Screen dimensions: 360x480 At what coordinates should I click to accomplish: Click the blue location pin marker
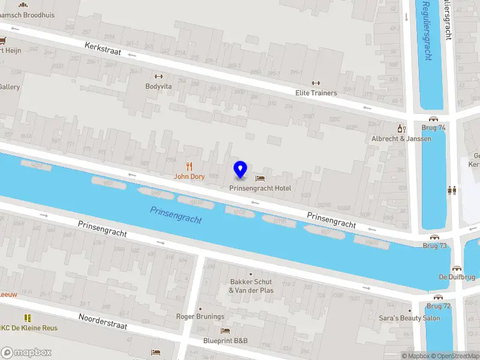coord(241,170)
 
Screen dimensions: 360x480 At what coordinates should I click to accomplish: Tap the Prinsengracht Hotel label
coord(260,188)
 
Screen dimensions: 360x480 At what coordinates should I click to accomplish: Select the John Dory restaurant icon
coord(190,166)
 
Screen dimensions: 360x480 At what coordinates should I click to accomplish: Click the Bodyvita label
coord(158,86)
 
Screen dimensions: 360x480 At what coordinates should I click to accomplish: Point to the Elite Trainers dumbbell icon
coord(316,83)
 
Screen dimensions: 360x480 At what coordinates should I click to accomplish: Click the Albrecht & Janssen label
coord(401,139)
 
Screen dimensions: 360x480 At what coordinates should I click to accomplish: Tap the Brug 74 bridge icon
coord(434,118)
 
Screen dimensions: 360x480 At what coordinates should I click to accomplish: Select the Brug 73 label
coord(434,246)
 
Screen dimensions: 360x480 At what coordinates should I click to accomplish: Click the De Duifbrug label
coord(457,277)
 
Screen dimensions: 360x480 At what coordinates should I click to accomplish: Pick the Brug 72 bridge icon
coord(438,296)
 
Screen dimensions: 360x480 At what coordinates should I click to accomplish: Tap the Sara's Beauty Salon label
coord(410,318)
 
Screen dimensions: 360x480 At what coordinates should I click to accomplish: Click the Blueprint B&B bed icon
coord(225,331)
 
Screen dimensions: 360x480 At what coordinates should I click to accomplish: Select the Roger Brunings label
coord(200,316)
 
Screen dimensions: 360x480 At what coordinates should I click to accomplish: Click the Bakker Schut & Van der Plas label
coord(251,286)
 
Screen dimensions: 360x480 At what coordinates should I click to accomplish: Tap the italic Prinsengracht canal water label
coord(176,215)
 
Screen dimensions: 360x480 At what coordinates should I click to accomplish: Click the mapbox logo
coord(26,352)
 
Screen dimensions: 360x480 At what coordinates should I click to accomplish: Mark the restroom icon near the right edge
coord(452,190)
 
